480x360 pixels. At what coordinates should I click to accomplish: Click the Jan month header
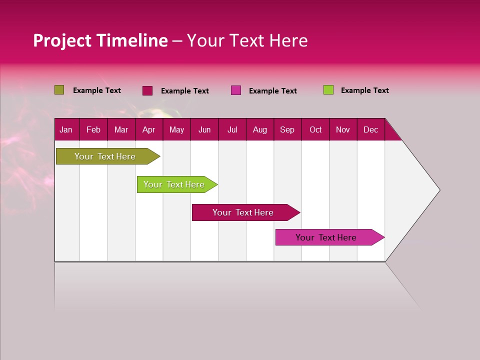coord(66,129)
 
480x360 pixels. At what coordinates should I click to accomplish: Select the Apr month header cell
coord(149,129)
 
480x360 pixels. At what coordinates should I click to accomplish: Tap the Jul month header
coord(232,129)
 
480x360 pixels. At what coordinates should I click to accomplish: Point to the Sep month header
coord(287,129)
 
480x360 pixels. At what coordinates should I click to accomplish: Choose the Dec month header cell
coord(370,129)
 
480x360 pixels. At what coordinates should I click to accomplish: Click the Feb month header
coord(93,129)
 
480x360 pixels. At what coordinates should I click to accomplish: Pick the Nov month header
coord(343,129)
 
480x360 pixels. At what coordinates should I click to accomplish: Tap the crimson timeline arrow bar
coord(243,212)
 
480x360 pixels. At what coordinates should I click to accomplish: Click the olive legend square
coord(59,90)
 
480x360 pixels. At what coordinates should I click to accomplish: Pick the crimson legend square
coord(147,90)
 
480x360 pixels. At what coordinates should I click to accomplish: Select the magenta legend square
coord(235,90)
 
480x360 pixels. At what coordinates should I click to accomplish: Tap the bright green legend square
coord(328,90)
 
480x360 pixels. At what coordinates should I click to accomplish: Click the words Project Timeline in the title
coord(100,40)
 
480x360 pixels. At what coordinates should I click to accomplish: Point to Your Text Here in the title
coord(247,40)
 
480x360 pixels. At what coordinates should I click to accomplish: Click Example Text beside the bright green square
coord(364,90)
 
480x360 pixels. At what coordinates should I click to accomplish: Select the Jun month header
coord(204,129)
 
